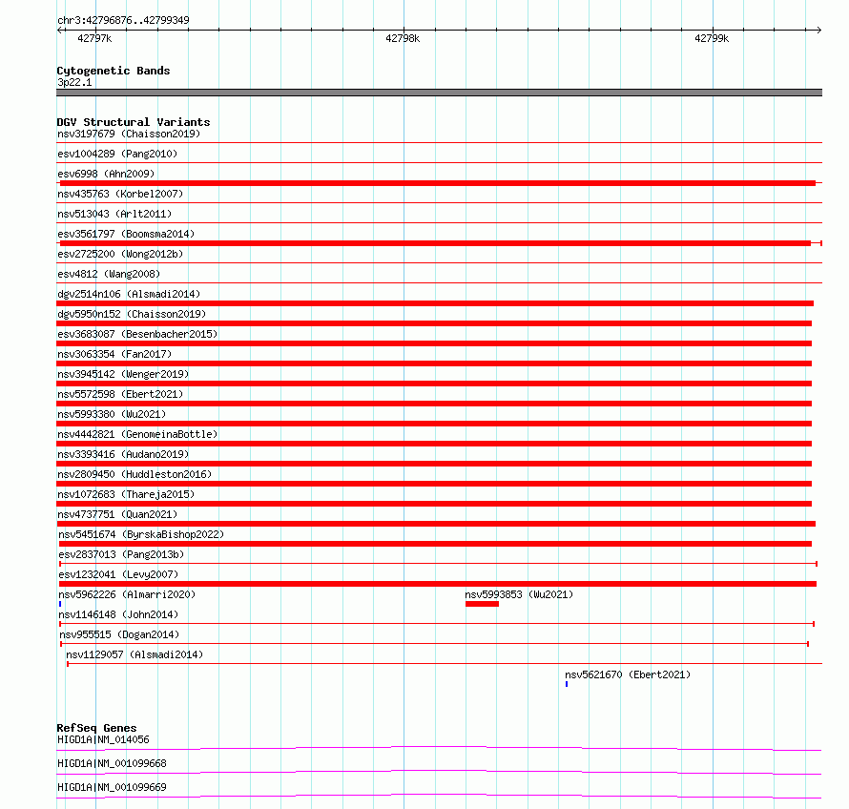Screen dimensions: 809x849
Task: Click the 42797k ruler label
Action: (x=93, y=38)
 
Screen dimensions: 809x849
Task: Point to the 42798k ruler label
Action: (x=403, y=38)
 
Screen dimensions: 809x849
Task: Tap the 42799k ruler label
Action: (x=712, y=38)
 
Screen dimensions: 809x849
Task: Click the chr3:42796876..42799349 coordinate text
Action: (x=123, y=20)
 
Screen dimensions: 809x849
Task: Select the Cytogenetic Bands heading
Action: (x=114, y=71)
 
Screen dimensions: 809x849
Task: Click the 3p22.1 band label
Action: (x=74, y=82)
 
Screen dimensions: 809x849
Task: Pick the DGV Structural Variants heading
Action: (x=134, y=122)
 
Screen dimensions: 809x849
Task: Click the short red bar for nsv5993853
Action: (x=482, y=604)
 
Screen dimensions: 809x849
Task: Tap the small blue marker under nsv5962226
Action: (x=60, y=604)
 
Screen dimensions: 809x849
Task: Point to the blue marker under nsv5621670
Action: (x=567, y=684)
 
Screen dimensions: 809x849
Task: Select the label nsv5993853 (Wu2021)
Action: (x=519, y=594)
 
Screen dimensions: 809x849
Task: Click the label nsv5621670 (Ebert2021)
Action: (x=628, y=674)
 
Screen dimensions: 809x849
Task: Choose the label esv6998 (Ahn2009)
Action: (x=106, y=174)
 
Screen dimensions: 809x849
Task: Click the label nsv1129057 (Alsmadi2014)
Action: (x=135, y=654)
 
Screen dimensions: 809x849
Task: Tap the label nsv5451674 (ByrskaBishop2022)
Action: (x=141, y=534)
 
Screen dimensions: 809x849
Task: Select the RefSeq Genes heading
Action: (x=96, y=728)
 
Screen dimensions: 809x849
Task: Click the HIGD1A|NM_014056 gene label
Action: (x=103, y=739)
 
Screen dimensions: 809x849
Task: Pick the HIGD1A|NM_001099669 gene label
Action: (x=112, y=787)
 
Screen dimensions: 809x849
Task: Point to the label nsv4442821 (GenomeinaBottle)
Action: (x=137, y=434)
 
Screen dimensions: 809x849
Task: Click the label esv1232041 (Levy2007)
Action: (x=118, y=574)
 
